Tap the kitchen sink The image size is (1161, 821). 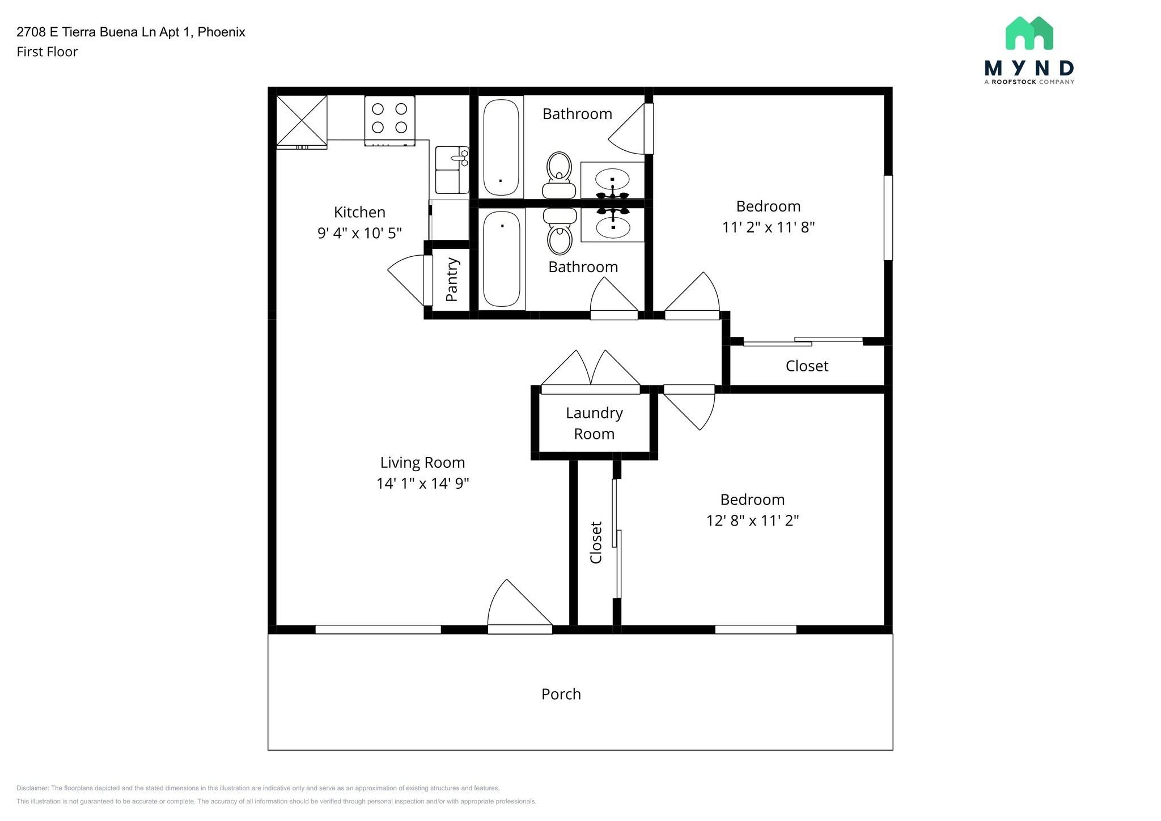coord(452,170)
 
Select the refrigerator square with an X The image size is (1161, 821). coord(302,120)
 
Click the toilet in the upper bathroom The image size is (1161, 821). coord(559,175)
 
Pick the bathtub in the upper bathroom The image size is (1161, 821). coord(501,147)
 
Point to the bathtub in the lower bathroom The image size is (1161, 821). coord(502,259)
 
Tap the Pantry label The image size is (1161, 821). coord(452,280)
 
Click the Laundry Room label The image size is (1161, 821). coord(594,423)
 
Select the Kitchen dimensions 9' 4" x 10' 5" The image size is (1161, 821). coord(359,232)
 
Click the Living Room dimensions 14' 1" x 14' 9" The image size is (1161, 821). coord(423,483)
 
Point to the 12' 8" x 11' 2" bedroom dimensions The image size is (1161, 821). coord(752,520)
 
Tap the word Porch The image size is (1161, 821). coord(561,694)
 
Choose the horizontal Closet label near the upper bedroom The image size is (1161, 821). coord(807,366)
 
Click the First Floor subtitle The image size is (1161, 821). coord(47,52)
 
